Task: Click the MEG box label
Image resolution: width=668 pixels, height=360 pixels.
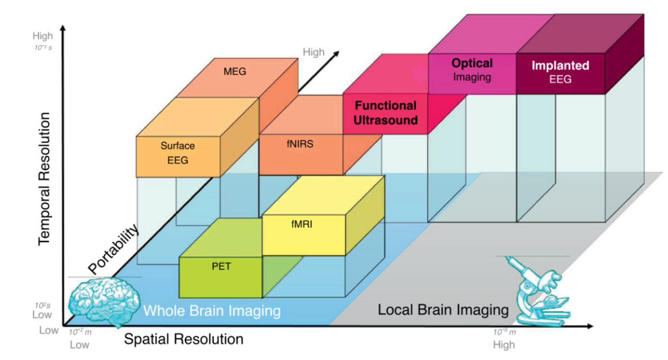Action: click(235, 72)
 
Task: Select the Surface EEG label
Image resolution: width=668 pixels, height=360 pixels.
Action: click(178, 153)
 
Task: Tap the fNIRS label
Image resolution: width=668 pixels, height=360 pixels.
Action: click(300, 144)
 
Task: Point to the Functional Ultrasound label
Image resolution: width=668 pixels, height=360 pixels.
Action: click(386, 113)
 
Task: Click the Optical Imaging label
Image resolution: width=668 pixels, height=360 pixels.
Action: click(472, 70)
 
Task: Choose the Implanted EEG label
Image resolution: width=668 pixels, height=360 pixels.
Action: click(560, 72)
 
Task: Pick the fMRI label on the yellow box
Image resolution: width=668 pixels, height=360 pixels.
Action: click(301, 224)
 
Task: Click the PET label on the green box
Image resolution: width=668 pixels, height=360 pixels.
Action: click(221, 267)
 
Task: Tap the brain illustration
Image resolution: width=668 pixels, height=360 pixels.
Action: click(104, 301)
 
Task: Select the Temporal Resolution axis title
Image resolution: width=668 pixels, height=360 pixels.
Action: click(44, 179)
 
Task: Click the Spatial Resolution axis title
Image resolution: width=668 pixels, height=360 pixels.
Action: click(184, 339)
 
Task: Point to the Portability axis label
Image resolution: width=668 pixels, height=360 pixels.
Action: click(113, 249)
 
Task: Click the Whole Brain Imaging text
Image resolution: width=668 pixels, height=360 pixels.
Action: click(212, 311)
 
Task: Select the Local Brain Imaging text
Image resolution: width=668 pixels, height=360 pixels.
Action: click(443, 310)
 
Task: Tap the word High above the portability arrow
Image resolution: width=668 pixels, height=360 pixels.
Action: click(313, 52)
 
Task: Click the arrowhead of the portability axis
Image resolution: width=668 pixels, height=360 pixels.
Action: click(336, 54)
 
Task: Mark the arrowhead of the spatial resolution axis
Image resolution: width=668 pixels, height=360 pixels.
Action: click(590, 326)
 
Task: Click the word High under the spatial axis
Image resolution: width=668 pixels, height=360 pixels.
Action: click(504, 345)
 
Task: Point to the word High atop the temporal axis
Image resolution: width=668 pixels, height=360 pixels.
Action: click(42, 36)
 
